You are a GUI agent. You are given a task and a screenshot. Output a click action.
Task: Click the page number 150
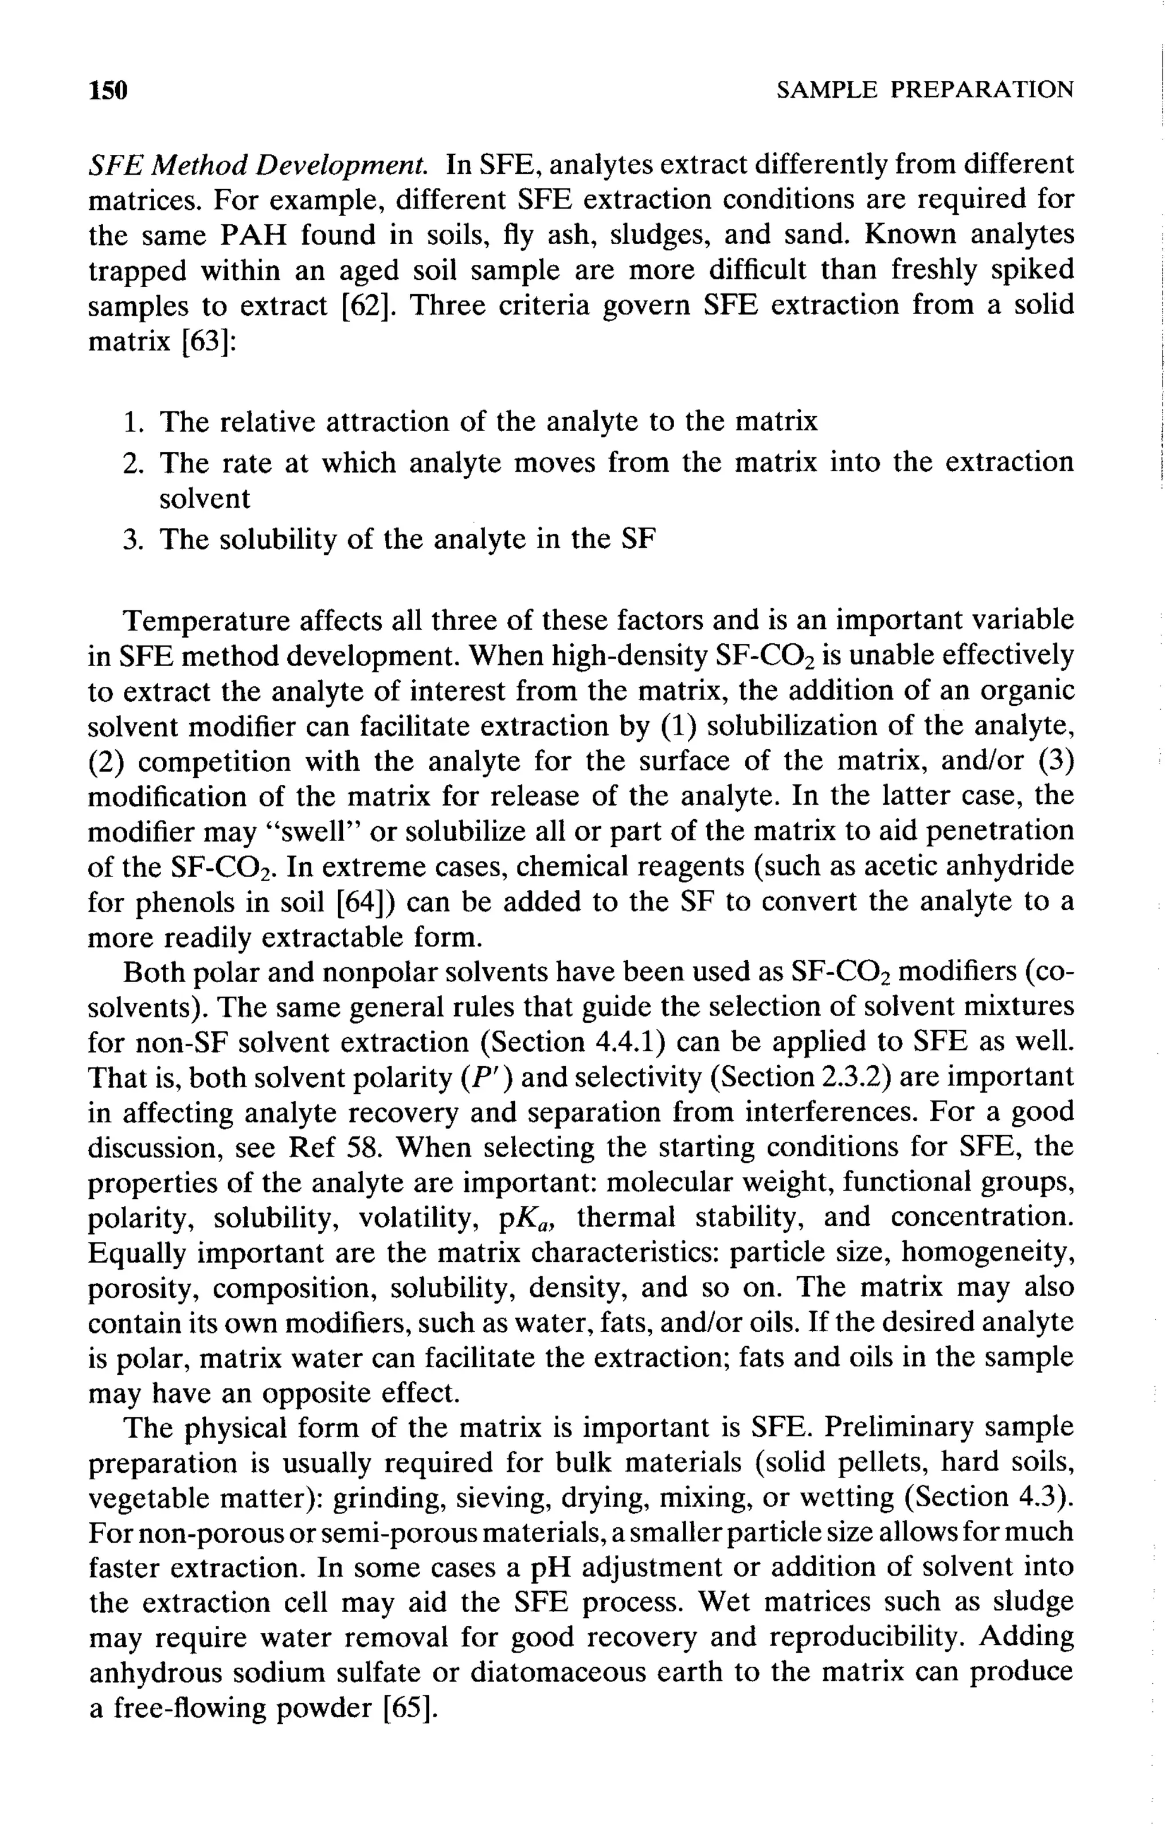pos(108,91)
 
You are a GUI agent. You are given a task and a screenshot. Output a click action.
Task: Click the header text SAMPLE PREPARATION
pos(924,91)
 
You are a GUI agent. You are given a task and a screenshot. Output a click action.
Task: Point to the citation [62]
pos(370,306)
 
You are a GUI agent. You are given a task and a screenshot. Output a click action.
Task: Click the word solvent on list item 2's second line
pos(204,499)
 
